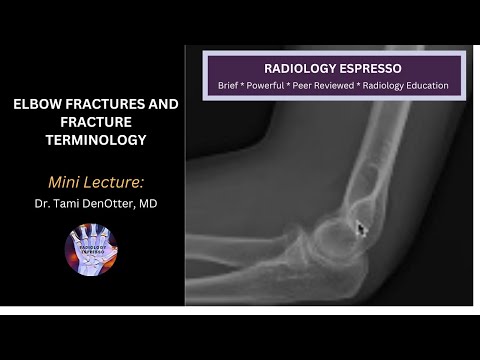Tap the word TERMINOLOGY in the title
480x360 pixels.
pyautogui.click(x=90, y=140)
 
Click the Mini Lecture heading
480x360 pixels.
pyautogui.click(x=90, y=182)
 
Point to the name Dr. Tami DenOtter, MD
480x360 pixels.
pyautogui.click(x=90, y=203)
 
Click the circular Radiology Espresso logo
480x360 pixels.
pyautogui.click(x=91, y=254)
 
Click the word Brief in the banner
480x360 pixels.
pyautogui.click(x=232, y=86)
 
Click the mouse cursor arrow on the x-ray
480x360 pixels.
pyautogui.click(x=362, y=228)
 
